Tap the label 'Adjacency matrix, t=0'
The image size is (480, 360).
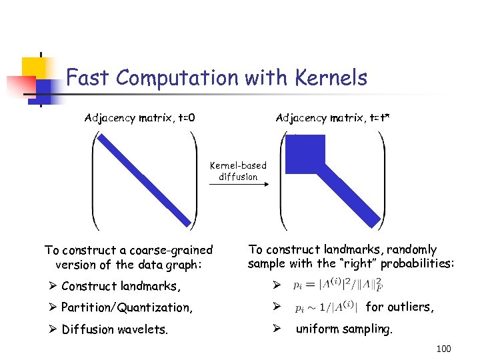[139, 119]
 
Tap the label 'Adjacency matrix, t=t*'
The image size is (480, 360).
[333, 119]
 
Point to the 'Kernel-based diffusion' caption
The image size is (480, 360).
[238, 171]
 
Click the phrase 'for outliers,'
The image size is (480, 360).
[401, 307]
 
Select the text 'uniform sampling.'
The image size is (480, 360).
[345, 329]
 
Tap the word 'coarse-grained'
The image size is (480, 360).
[172, 251]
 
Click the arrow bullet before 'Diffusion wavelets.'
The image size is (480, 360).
[51, 329]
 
